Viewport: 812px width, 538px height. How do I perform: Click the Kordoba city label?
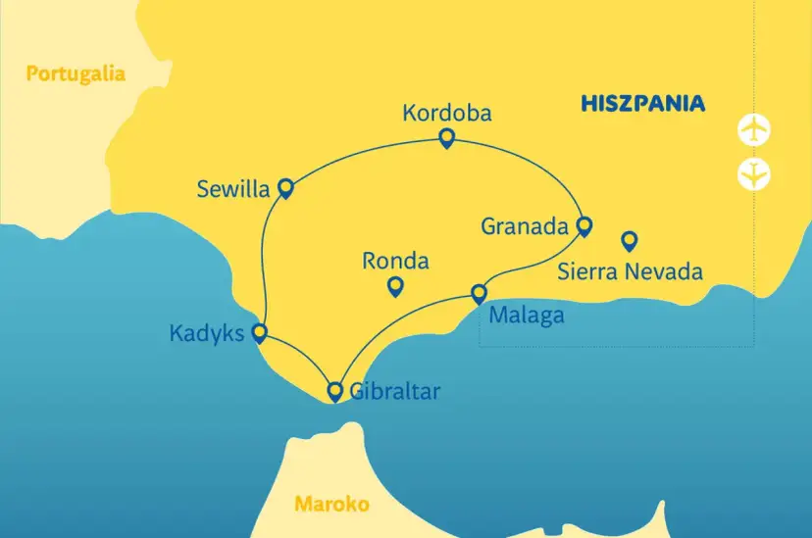coord(446,113)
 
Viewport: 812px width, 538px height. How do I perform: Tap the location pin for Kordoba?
coord(446,138)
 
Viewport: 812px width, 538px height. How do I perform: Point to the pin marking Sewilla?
coord(285,186)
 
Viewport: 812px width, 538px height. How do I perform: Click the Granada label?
coord(525,226)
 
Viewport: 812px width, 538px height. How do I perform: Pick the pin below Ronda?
coord(395,286)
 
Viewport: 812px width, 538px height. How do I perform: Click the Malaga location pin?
coord(479,292)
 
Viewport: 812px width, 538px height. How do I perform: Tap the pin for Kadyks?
coord(260,332)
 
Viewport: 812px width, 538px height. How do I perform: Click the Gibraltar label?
coord(395,392)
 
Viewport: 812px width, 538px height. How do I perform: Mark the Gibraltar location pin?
coord(334,391)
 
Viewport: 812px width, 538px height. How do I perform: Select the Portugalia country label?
coord(76,73)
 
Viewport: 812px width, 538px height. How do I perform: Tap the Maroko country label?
coord(331,505)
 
